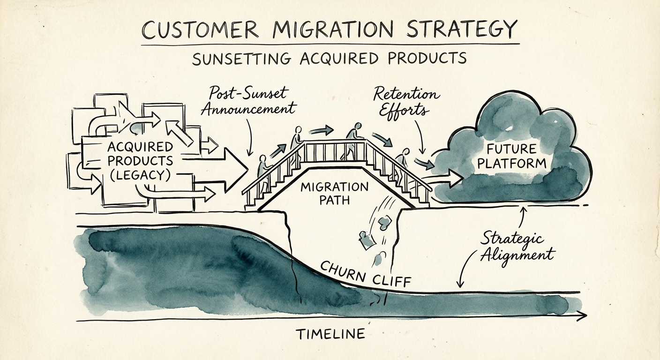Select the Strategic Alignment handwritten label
point(516,247)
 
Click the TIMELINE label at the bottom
point(330,334)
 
